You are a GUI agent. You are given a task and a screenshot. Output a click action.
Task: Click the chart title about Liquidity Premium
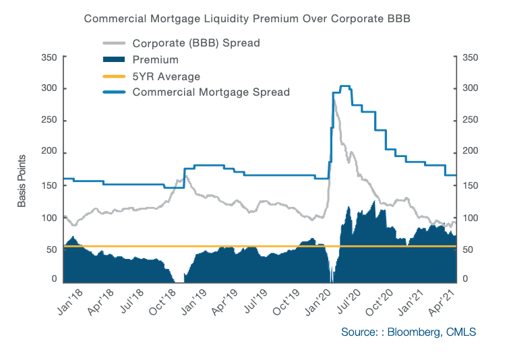(247, 19)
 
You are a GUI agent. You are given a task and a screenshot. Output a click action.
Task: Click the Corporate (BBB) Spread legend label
(196, 43)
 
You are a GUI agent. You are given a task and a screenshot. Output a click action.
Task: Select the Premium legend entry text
(155, 60)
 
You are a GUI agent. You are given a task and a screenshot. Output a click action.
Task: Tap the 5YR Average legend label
(167, 76)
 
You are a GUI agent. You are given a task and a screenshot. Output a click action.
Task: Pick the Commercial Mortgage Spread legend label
(211, 92)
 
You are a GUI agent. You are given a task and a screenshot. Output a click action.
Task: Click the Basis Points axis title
(22, 181)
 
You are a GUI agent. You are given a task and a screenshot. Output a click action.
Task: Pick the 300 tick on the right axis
(470, 89)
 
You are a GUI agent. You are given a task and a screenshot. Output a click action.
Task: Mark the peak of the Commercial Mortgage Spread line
(344, 86)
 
